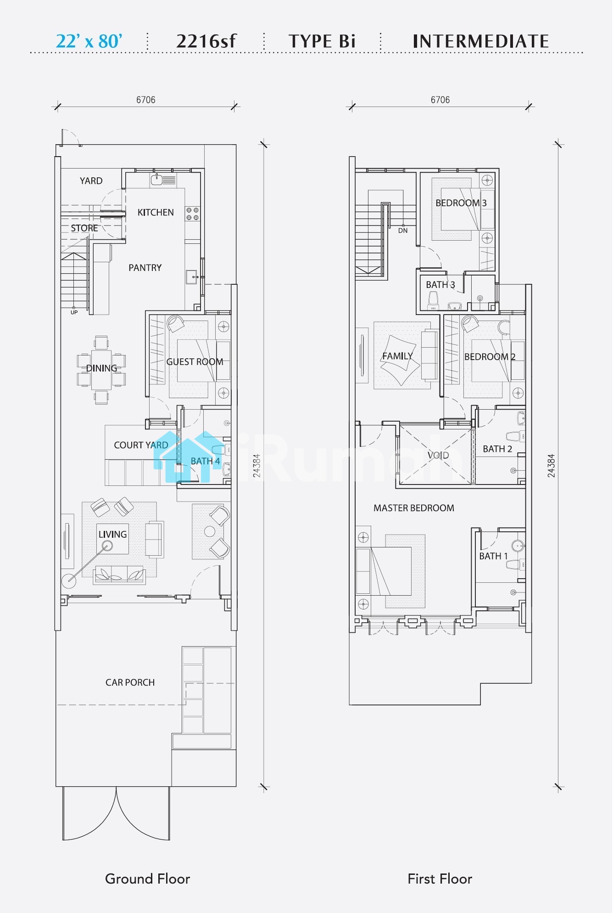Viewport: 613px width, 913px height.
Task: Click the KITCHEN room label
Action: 156,213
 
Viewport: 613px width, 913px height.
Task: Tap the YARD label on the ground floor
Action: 91,181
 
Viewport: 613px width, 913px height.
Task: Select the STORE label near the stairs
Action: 84,228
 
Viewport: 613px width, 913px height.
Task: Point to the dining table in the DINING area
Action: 101,370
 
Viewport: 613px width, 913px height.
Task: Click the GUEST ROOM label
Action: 195,362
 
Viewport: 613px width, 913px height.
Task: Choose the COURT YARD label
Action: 141,445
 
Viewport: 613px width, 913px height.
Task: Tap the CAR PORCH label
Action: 130,682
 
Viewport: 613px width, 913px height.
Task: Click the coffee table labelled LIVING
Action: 112,539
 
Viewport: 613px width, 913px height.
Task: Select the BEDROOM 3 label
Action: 461,203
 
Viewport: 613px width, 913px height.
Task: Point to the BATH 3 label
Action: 440,285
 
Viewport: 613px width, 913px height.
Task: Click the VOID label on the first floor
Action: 438,455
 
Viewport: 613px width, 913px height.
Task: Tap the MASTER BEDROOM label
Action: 414,508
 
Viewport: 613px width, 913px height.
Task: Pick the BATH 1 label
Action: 494,556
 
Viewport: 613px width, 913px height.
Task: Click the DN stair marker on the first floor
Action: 403,231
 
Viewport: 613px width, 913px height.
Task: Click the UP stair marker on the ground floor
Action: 74,312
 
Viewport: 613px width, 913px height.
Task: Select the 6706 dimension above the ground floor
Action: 146,100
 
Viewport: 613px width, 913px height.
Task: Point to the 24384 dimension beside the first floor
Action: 552,466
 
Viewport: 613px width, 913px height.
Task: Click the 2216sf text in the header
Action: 206,41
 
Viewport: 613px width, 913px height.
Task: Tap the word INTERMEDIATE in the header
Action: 481,41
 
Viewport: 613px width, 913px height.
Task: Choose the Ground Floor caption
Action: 147,879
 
